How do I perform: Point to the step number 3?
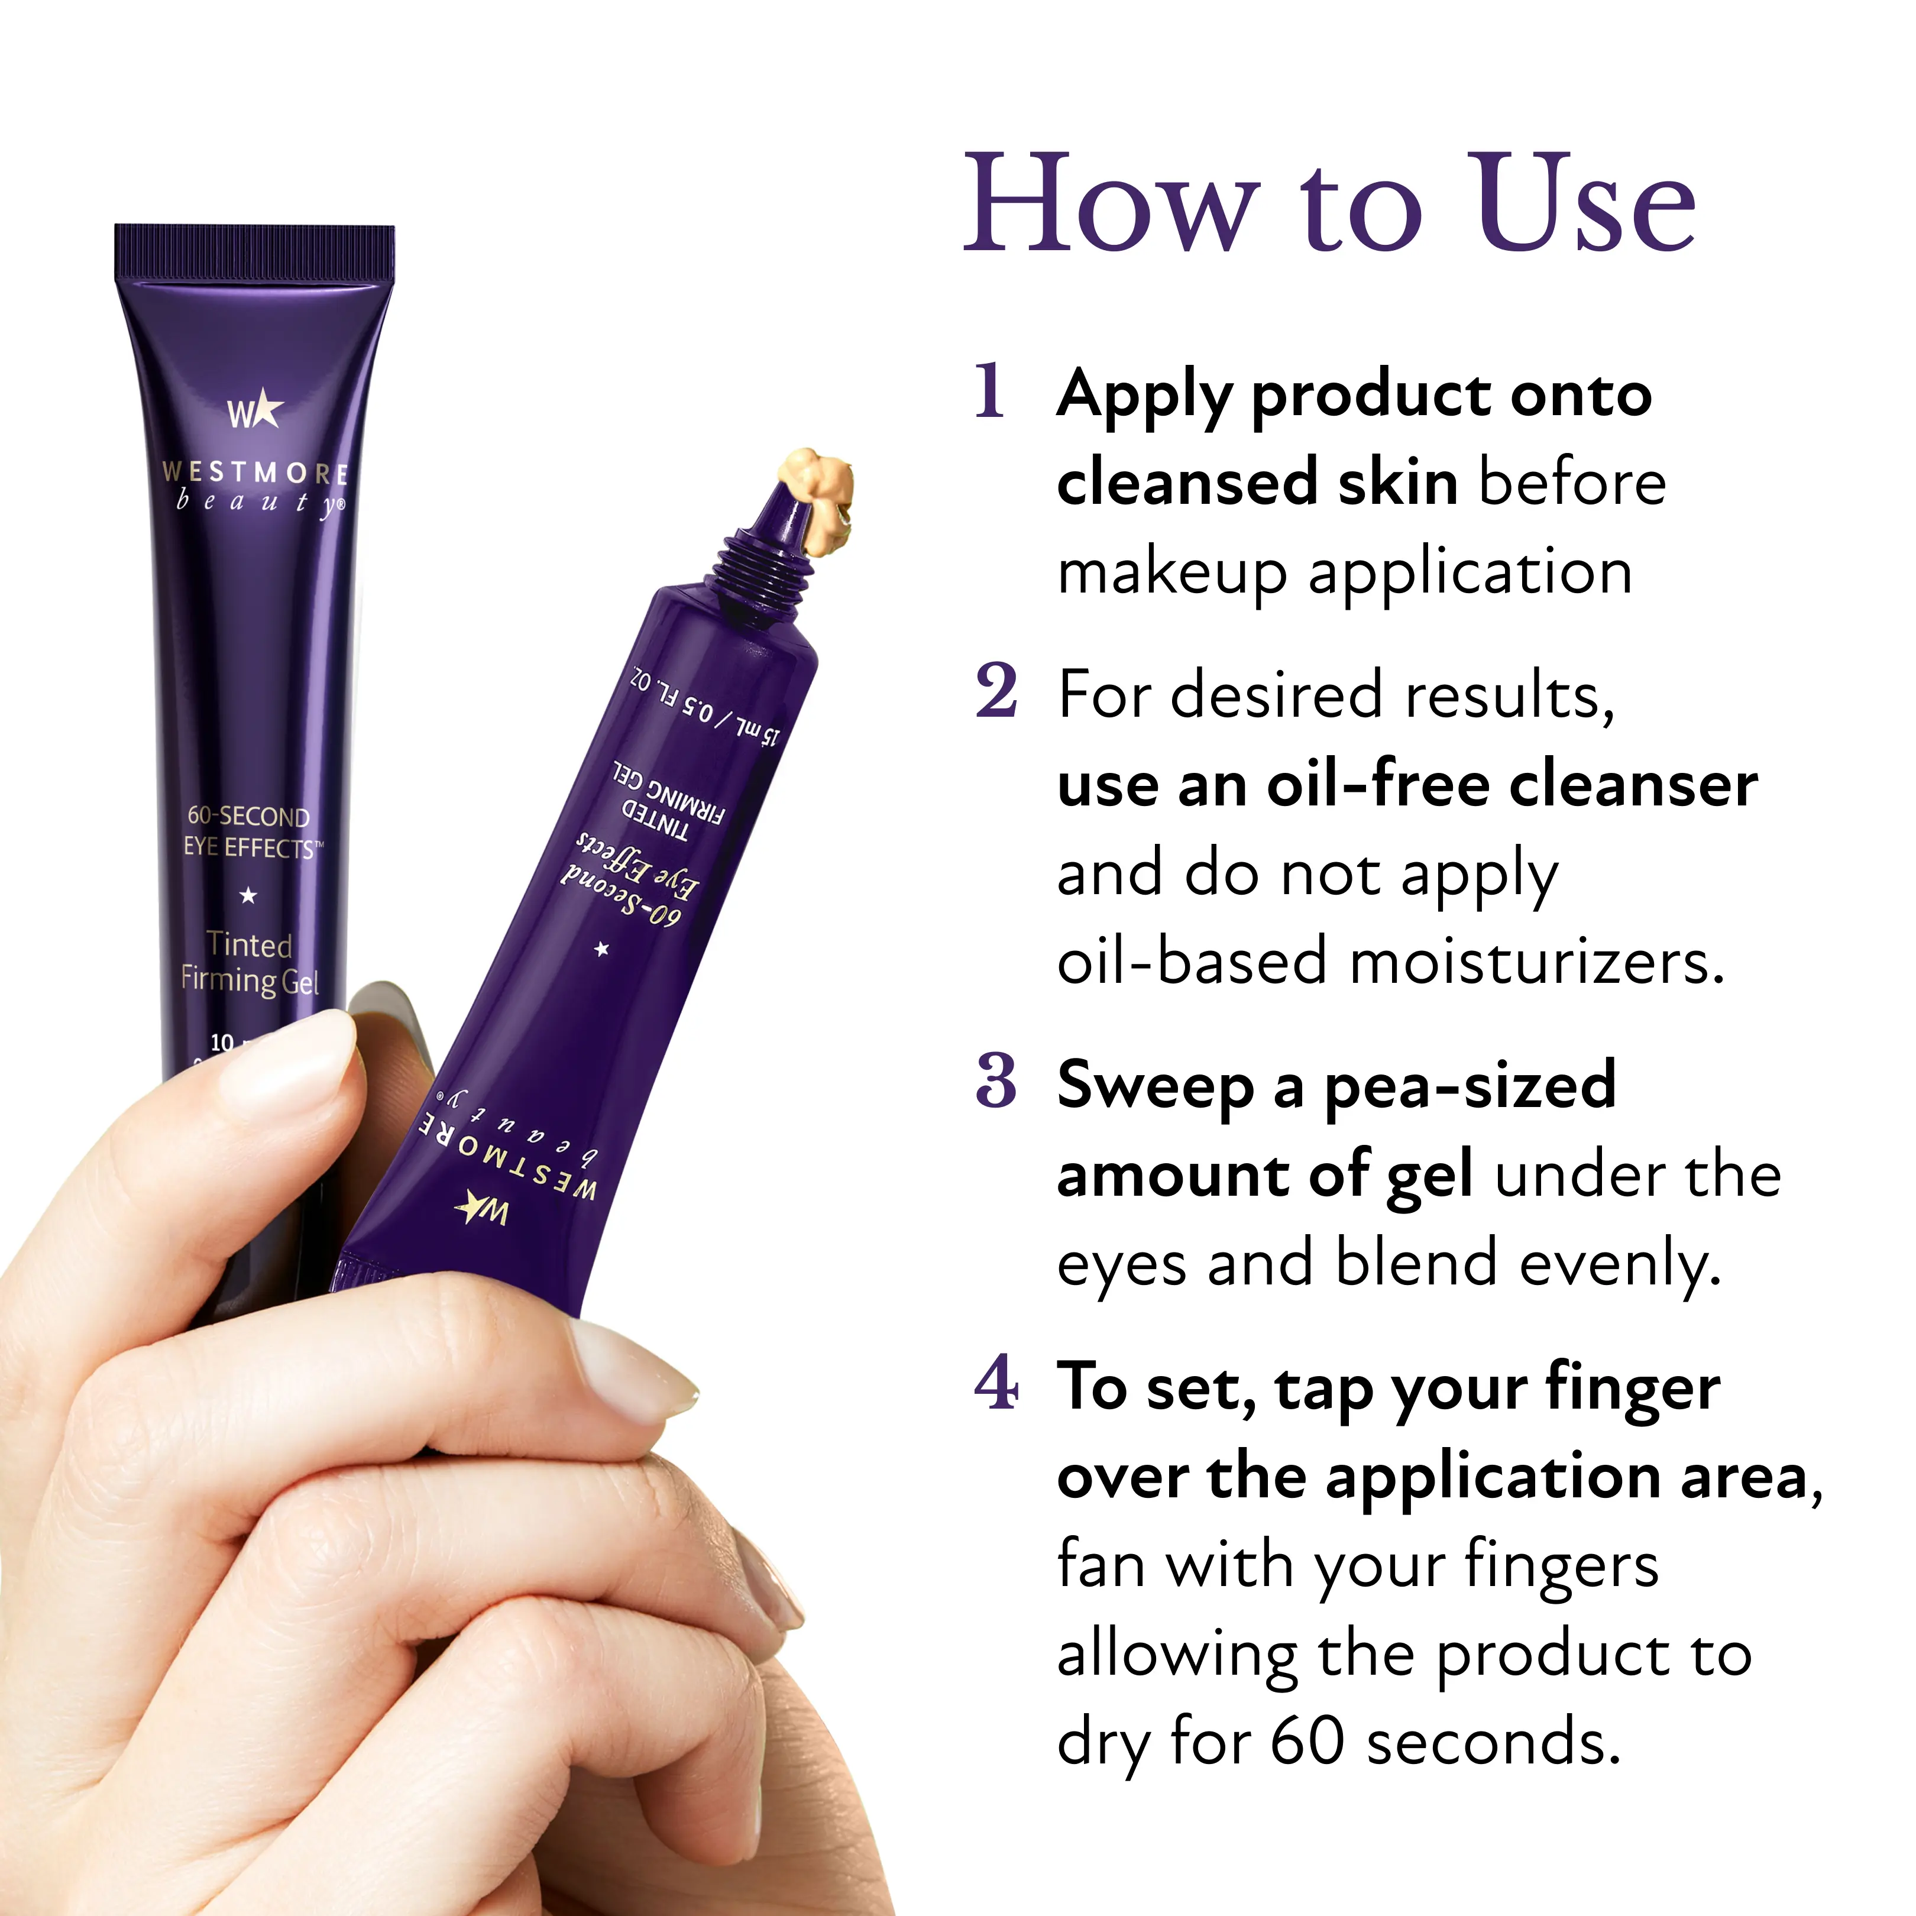click(x=996, y=1081)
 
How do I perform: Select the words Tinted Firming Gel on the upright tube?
click(x=249, y=962)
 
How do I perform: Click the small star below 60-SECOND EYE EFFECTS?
click(x=248, y=895)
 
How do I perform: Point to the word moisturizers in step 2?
click(x=1536, y=962)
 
